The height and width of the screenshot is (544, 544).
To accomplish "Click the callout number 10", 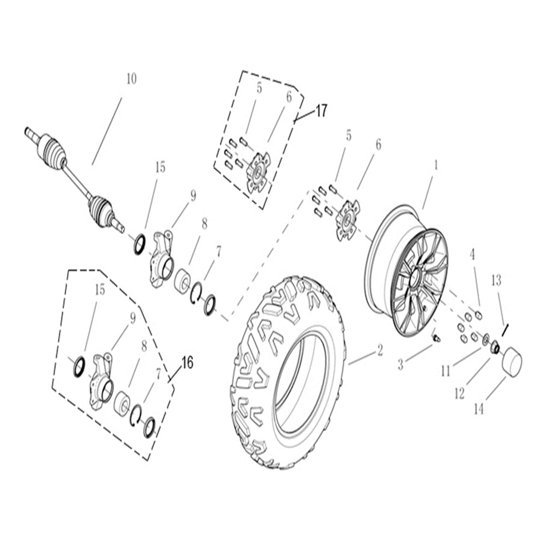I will [131, 78].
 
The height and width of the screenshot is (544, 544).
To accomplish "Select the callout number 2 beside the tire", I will [380, 350].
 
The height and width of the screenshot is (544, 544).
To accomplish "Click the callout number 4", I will [473, 254].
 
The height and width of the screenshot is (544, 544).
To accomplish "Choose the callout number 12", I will [460, 393].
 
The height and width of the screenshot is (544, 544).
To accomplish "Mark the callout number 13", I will [496, 281].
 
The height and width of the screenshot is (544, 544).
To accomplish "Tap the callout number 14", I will [478, 410].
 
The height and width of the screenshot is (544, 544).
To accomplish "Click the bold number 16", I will [187, 362].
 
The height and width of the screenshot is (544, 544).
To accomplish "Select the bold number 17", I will [321, 111].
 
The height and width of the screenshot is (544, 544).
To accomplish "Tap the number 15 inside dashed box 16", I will [100, 290].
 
